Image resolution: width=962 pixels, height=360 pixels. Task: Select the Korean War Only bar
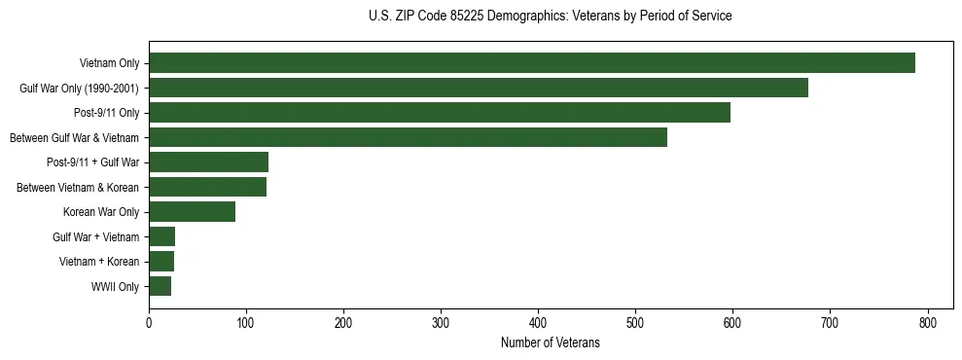point(193,212)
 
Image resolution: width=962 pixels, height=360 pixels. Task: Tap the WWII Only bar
point(160,286)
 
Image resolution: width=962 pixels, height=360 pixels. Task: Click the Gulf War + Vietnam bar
point(162,236)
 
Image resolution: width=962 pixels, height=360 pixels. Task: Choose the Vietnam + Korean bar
point(161,262)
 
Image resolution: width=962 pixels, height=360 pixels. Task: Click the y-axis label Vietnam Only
point(109,64)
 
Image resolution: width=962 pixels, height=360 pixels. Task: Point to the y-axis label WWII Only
point(115,287)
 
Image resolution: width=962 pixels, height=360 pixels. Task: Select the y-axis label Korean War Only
point(101,212)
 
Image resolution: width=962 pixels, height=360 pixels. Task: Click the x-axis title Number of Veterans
point(550,343)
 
